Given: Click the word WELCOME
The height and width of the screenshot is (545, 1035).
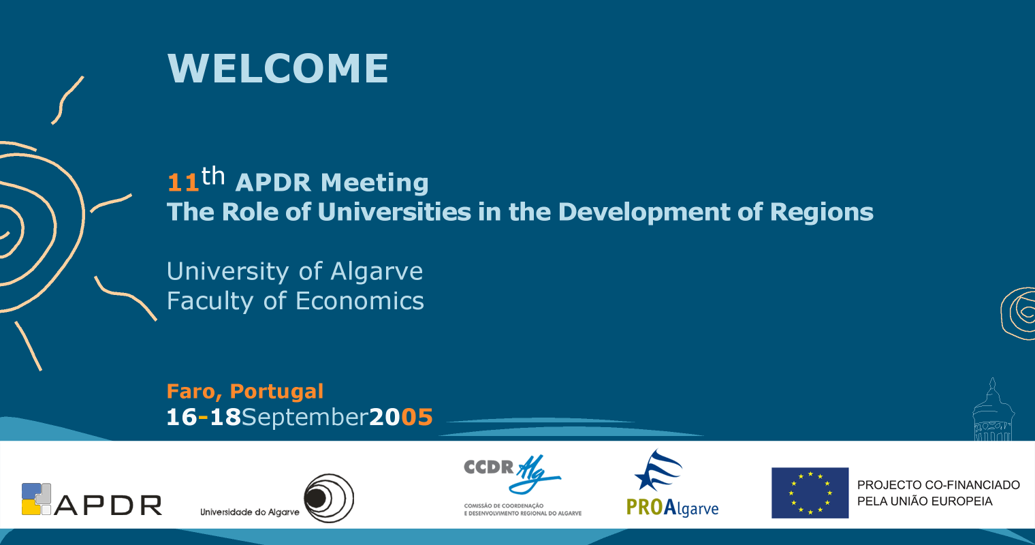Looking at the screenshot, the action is coord(278,68).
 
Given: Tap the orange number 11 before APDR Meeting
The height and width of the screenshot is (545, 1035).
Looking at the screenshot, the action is coord(183,183).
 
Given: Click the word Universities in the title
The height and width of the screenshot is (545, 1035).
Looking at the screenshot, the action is coord(395,212).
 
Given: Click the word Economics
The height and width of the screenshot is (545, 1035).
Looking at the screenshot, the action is coord(360,301).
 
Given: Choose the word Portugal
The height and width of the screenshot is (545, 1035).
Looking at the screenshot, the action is coord(276,392).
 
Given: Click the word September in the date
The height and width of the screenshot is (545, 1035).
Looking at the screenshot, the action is coord(305,418).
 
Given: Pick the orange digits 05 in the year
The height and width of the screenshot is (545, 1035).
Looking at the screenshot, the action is coord(417,417).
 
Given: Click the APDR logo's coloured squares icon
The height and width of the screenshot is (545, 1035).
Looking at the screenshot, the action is coord(36,499).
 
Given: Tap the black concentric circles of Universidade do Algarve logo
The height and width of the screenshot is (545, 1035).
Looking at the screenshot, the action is coord(329,498).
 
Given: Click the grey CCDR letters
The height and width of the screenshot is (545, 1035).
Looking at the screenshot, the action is coord(489,467).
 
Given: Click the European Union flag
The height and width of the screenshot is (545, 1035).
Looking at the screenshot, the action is coord(810,493).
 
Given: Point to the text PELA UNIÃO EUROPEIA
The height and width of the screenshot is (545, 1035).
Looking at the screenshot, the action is coord(925,501).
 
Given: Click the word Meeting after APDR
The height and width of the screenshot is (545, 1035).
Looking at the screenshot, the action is coord(375,183).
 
